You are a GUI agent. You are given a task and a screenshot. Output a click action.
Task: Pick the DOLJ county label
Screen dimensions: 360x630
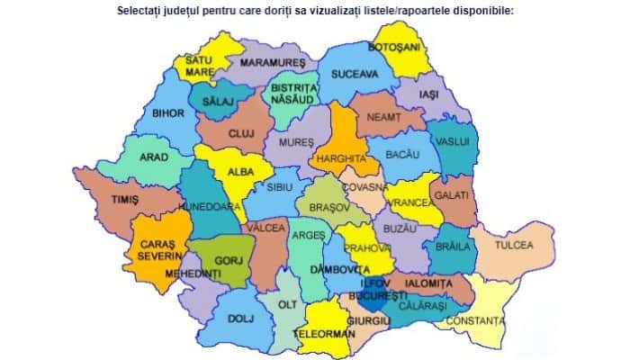click(237, 317)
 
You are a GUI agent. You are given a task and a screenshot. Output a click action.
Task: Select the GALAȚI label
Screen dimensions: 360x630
click(451, 194)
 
